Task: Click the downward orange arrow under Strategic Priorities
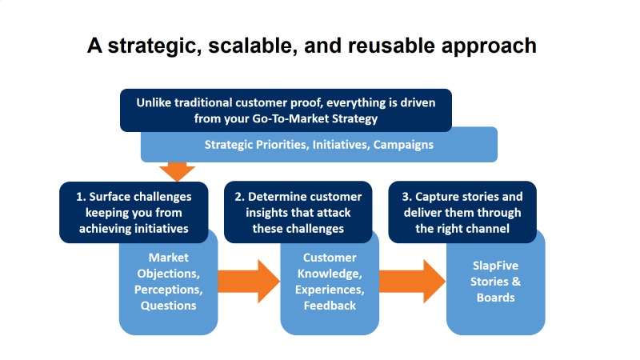click(177, 170)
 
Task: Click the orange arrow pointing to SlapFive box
click(412, 281)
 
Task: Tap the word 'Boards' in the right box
click(496, 297)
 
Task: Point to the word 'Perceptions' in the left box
click(168, 289)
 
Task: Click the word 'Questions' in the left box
click(168, 305)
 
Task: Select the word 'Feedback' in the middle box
click(329, 305)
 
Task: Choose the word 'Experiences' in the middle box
click(329, 289)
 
